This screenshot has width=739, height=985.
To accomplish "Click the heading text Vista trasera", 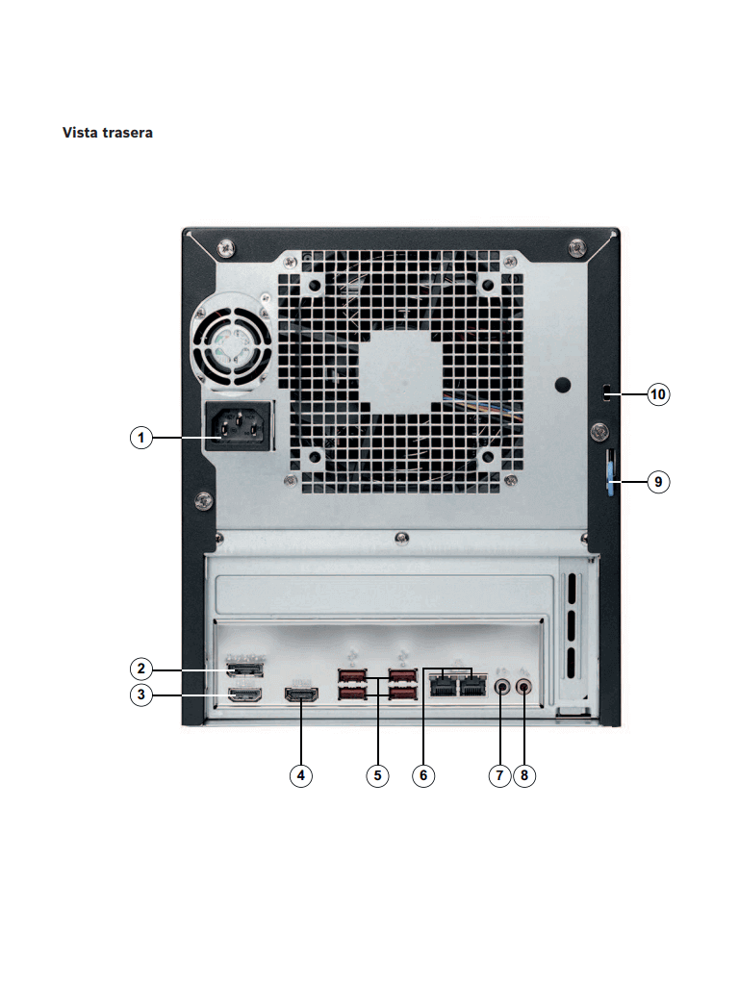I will pyautogui.click(x=107, y=132).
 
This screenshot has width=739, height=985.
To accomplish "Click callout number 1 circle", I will pyautogui.click(x=141, y=438).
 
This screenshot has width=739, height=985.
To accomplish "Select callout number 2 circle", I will pyautogui.click(x=141, y=668).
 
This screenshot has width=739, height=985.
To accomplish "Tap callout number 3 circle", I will pyautogui.click(x=141, y=695).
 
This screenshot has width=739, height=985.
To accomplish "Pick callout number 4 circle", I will pyautogui.click(x=302, y=775).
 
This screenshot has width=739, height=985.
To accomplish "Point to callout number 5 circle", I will pyautogui.click(x=377, y=775).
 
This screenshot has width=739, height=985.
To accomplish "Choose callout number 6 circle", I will pyautogui.click(x=424, y=775).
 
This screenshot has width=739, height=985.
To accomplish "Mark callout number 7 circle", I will pyautogui.click(x=498, y=775).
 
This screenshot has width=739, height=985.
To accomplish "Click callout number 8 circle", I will pyautogui.click(x=524, y=775).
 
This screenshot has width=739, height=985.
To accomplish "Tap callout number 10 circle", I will pyautogui.click(x=658, y=394).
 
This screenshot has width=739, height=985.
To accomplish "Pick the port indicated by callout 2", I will pyautogui.click(x=243, y=668).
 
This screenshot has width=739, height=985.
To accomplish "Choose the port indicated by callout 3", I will pyautogui.click(x=243, y=695).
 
